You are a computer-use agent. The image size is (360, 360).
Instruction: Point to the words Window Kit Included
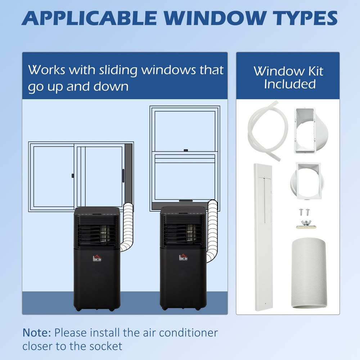288,77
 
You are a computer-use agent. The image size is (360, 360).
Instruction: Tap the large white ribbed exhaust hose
308,274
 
